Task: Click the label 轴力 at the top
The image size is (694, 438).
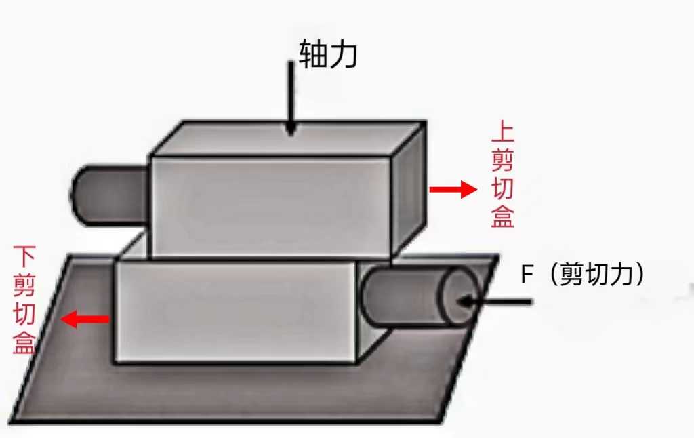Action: tap(327, 56)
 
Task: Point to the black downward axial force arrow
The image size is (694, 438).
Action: tap(291, 98)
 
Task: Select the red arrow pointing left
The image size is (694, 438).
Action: tap(85, 319)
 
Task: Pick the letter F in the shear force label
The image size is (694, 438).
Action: tap(527, 275)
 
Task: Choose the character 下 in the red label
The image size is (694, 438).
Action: tap(24, 258)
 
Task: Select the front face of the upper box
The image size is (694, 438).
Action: tap(271, 207)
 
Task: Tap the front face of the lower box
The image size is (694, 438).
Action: tap(234, 312)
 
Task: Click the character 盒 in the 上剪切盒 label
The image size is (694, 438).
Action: tap(502, 217)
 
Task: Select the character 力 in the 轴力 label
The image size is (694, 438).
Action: tap(344, 56)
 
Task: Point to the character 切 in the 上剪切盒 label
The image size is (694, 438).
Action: tap(502, 189)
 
